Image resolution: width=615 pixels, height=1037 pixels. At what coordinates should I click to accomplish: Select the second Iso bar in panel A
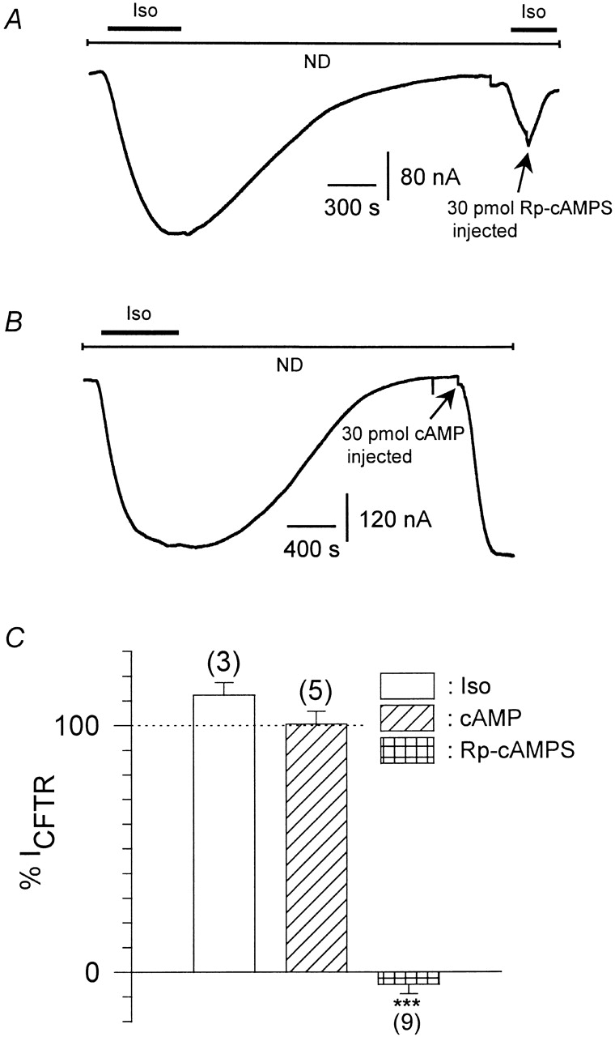[533, 28]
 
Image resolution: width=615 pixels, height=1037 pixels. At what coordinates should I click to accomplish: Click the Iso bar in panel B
[139, 331]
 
